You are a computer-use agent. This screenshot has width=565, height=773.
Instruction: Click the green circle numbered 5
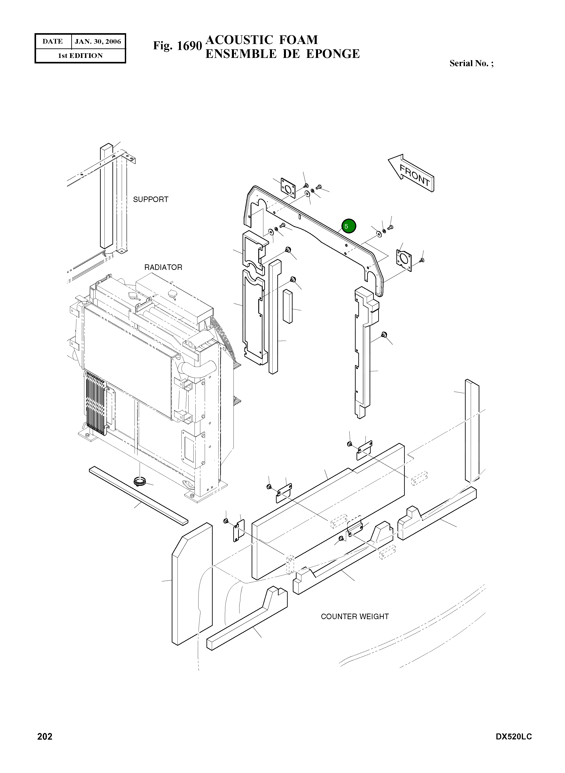349,226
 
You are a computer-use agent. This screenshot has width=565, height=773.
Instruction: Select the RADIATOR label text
163,267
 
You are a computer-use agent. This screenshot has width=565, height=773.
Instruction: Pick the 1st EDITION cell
80,56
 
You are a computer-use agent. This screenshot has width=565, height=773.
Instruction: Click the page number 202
45,737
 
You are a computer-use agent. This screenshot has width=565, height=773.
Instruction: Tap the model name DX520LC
514,737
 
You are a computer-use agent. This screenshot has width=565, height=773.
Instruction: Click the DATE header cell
53,42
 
